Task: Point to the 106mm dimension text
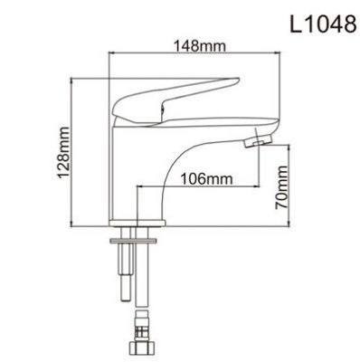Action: [x=200, y=179]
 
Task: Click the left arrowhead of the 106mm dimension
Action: [x=139, y=188]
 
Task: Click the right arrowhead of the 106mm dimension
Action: [x=259, y=188]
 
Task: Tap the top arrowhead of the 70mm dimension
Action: [x=292, y=149]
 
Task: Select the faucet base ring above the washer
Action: [x=136, y=227]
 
